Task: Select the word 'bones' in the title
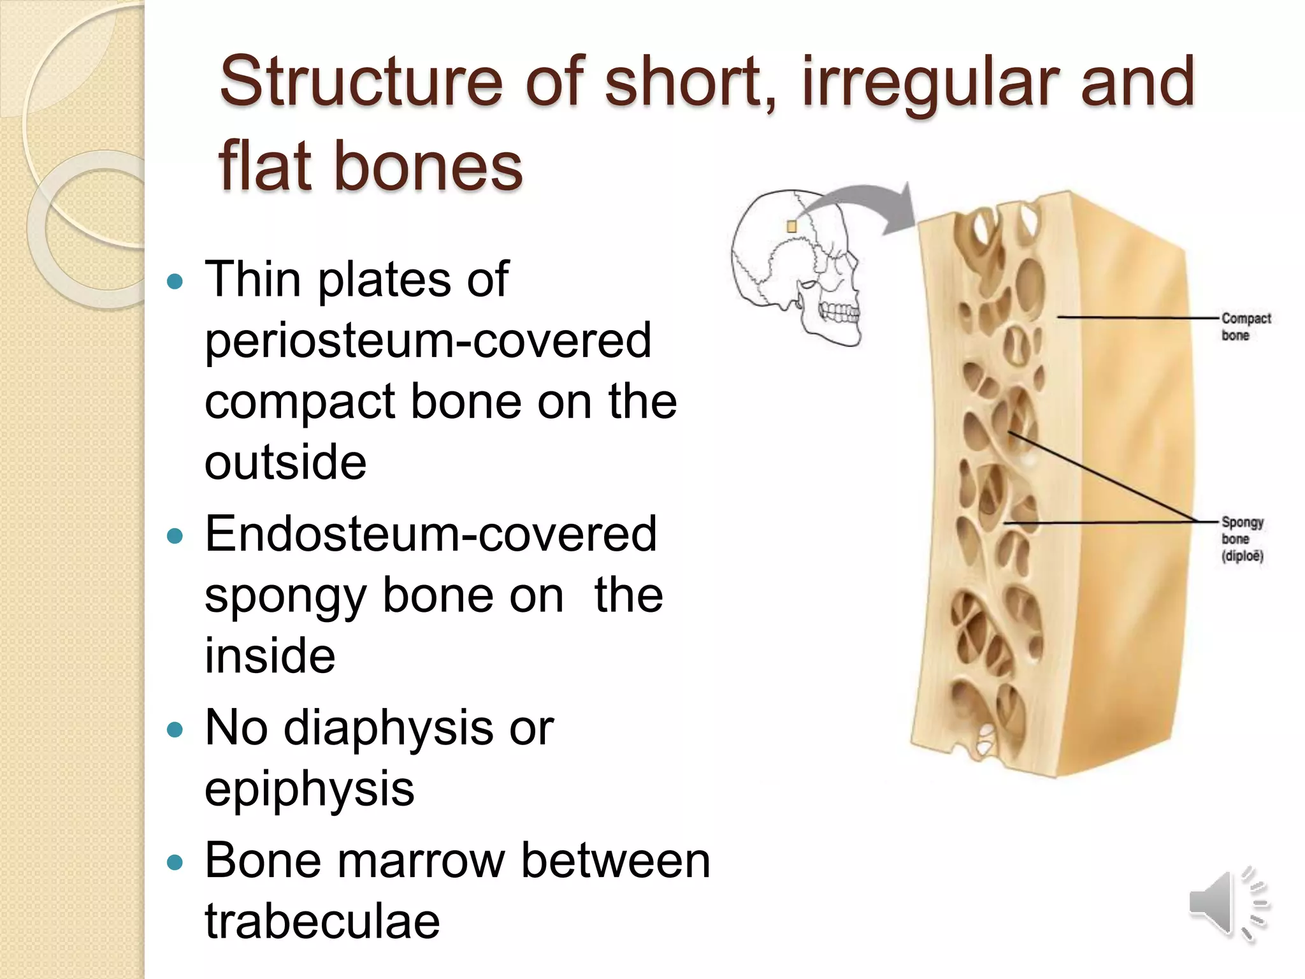pos(428,167)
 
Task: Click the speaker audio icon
pos(1227,904)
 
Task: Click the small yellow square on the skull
pos(791,226)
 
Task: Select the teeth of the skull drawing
pos(839,312)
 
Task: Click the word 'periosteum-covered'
pos(428,341)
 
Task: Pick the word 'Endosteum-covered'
pos(430,534)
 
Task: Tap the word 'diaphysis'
pos(387,728)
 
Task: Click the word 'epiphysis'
pos(309,789)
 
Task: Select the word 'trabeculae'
pos(322,922)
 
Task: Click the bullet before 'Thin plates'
pos(174,280)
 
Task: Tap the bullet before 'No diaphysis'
pos(174,729)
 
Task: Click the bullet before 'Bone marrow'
pos(174,862)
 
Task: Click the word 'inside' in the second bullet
pos(270,656)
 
